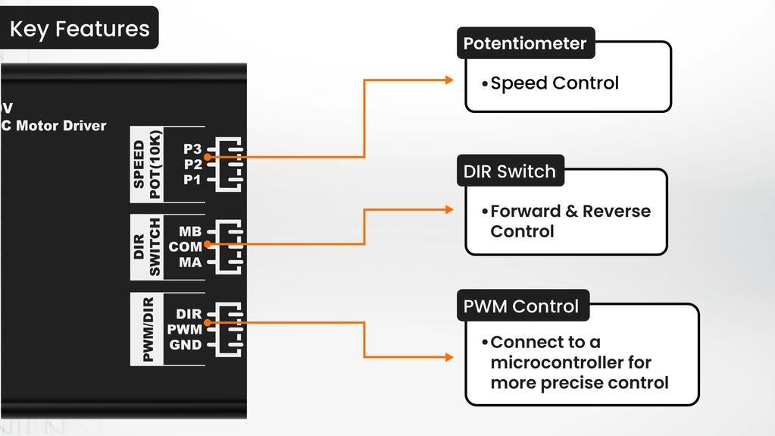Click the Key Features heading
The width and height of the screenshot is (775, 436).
coord(80,29)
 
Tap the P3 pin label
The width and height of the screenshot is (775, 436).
coord(192,149)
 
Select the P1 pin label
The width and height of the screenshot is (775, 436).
coord(192,180)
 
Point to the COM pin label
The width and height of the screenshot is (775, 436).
coord(186,246)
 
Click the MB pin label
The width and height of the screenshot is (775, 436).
coord(190,231)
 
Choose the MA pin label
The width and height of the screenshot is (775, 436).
coord(190,262)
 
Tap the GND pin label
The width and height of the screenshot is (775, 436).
coord(186,344)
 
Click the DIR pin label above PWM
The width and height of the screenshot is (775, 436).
coord(189,314)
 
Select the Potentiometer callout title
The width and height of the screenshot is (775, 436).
coord(525,43)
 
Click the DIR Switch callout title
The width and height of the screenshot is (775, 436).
coord(510,171)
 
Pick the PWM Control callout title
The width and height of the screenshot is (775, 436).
coord(521,306)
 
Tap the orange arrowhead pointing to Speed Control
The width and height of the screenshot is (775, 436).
coord(448,80)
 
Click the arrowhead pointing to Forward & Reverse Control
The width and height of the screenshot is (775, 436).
coord(448,209)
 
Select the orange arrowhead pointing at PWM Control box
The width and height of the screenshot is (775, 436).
coord(448,357)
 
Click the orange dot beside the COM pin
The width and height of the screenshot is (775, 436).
coord(208,244)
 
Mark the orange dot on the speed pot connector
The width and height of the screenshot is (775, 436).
coord(208,157)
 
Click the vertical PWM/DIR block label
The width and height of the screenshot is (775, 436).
coord(147,329)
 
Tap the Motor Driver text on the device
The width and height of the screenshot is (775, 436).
coord(61,126)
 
